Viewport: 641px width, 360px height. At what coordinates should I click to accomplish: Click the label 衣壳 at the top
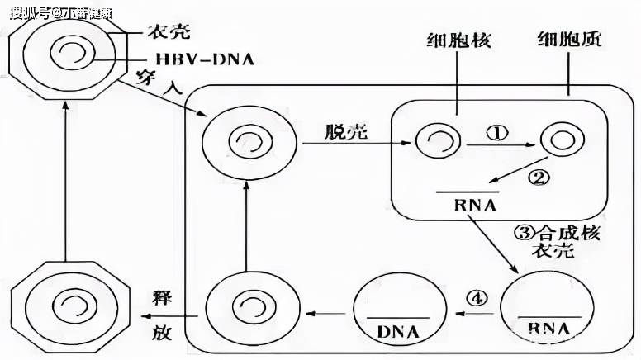pyautogui.click(x=169, y=32)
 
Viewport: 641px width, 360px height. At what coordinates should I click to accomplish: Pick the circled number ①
pyautogui.click(x=496, y=132)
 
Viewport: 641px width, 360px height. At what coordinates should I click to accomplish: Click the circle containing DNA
pyautogui.click(x=398, y=313)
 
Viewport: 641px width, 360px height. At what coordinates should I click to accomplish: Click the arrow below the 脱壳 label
pyautogui.click(x=357, y=144)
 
